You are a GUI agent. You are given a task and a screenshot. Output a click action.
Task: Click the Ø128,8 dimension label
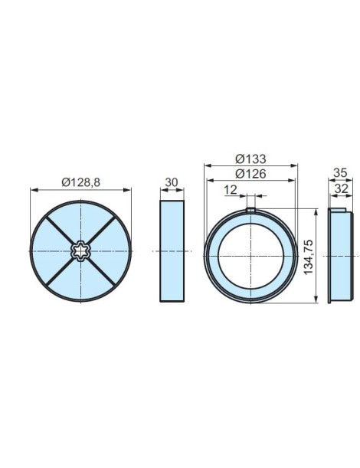pos(80,182)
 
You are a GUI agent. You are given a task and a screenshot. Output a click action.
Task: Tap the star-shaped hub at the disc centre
pos(80,250)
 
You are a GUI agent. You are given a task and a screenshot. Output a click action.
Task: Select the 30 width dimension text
pos(172,182)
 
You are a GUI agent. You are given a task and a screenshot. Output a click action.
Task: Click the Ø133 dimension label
pos(250,159)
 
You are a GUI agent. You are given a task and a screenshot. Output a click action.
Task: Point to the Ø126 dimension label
pos(250,174)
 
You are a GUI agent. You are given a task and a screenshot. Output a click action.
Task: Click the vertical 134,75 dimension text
pos(308,256)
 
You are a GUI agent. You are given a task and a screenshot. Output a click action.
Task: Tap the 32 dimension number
pos(342,188)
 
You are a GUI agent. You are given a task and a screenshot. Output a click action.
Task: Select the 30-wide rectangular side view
pos(172,250)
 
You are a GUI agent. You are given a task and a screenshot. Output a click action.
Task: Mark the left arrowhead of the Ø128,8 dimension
pos(33,190)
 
